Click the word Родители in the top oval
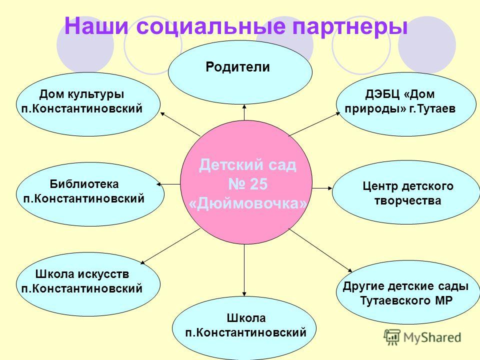[237, 67]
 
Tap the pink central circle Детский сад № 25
[246, 182]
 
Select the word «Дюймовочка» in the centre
[247, 203]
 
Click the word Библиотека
[84, 184]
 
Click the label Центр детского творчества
[408, 193]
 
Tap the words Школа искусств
[82, 274]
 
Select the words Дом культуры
[81, 94]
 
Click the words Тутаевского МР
[406, 300]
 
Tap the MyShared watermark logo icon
[391, 337]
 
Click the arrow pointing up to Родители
[244, 112]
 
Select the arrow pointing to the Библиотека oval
[168, 184]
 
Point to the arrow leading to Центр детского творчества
[322, 188]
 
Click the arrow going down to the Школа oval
[244, 270]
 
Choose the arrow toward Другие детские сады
[320, 250]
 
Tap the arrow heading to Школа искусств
[170, 246]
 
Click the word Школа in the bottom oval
[246, 318]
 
